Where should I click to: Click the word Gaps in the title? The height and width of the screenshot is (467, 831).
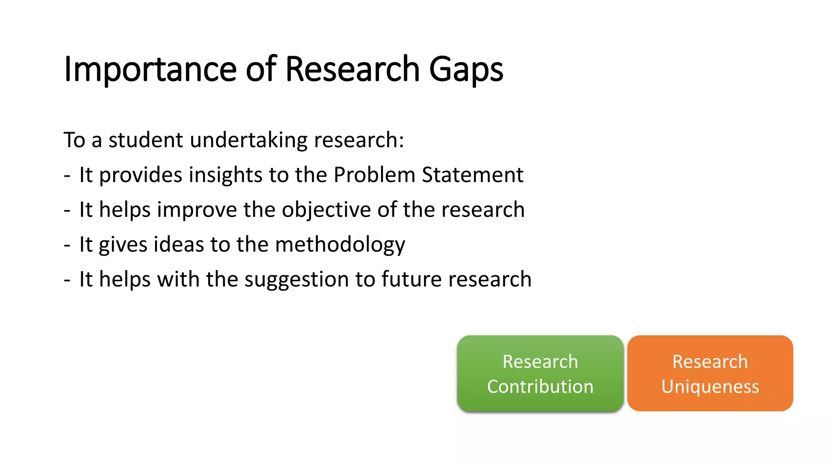coord(466,70)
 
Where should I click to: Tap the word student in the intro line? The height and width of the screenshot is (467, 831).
coord(146,140)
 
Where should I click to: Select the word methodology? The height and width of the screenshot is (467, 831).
coord(340,245)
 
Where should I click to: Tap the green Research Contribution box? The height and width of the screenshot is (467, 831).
coord(540,373)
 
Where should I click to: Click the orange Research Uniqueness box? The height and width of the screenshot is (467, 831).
coord(710,373)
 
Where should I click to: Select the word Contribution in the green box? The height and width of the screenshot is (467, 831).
coord(540,386)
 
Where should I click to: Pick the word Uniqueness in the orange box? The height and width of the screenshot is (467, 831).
coord(710,386)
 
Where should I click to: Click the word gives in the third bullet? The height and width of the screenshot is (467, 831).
coord(123,245)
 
